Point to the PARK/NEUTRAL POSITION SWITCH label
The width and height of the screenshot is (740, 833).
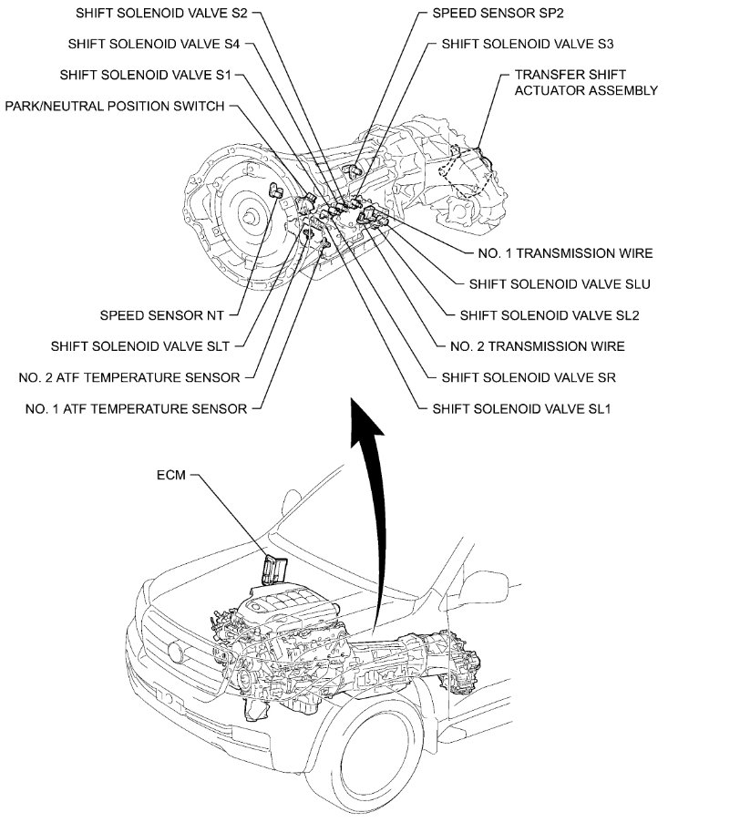click(115, 106)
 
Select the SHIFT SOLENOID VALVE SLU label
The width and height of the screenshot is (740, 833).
click(560, 284)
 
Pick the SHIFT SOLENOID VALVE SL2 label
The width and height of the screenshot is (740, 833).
click(550, 315)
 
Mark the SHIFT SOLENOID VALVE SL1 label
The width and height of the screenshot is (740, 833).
click(526, 408)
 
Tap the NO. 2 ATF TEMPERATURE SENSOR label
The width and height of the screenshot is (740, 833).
click(129, 377)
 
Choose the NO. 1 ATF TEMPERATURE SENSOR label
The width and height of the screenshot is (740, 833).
click(136, 408)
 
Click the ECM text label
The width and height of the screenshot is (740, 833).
click(172, 476)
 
